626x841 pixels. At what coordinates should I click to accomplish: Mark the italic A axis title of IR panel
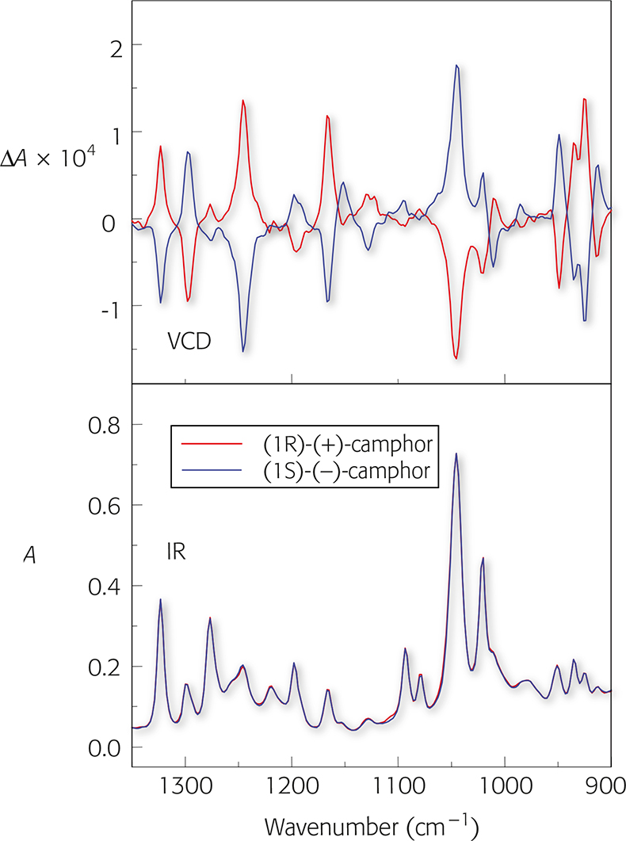click(29, 556)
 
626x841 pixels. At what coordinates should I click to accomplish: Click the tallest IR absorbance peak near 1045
click(456, 454)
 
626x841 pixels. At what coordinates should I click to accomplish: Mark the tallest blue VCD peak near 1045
click(456, 66)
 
